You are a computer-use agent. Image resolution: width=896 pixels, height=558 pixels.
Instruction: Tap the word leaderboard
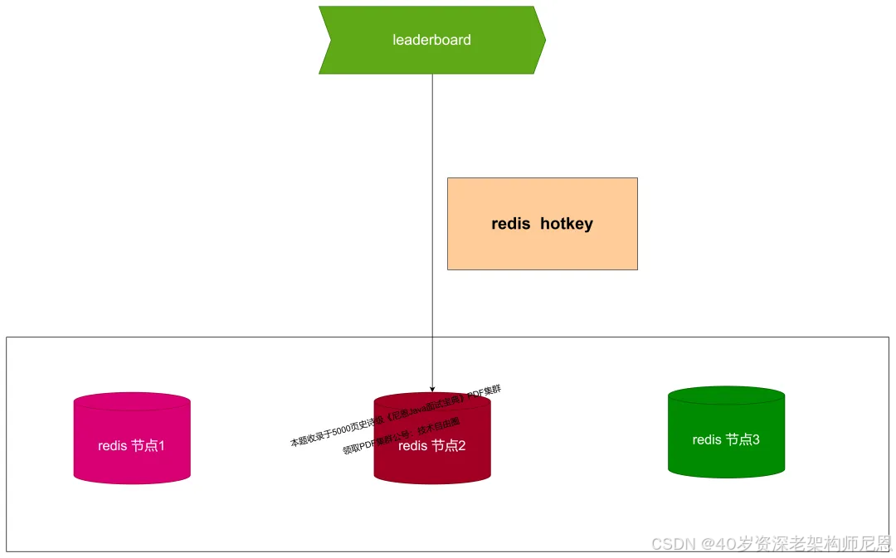coord(431,40)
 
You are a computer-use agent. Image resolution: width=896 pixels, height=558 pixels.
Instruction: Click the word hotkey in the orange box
coord(567,224)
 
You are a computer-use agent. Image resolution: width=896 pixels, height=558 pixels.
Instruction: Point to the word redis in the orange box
coord(511,224)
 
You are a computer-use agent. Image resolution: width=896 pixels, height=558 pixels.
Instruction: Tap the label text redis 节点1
coord(132,445)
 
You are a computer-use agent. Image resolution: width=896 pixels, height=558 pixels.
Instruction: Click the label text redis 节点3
coord(726,439)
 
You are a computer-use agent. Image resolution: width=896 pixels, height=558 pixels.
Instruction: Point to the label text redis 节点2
coord(431,446)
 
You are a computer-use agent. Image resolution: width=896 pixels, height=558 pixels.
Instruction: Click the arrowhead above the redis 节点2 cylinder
coord(432,388)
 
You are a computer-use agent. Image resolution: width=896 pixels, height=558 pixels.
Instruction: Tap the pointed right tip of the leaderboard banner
coord(543,40)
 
